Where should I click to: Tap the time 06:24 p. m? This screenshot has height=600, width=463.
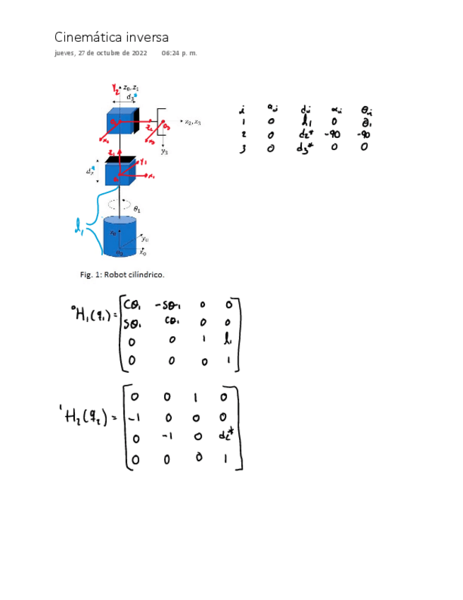(x=179, y=53)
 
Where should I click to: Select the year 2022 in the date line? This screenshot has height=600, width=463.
(x=138, y=53)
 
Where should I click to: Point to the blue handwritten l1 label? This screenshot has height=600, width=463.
(x=79, y=227)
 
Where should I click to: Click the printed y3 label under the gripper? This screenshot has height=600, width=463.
(x=164, y=151)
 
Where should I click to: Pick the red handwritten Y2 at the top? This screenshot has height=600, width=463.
(x=116, y=88)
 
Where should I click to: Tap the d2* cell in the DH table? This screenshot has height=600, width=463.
(x=306, y=134)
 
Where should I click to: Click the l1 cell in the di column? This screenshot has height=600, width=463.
(x=306, y=122)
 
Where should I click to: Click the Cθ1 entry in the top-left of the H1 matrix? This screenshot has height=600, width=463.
(x=132, y=306)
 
